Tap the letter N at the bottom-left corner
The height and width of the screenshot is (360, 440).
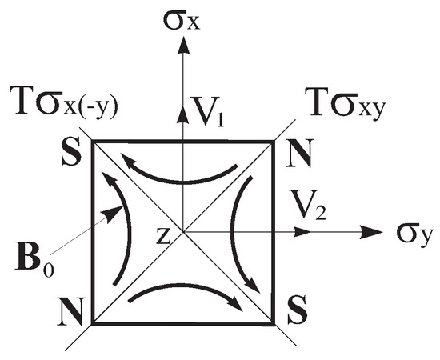74,308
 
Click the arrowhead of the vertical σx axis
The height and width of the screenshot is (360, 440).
184,46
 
